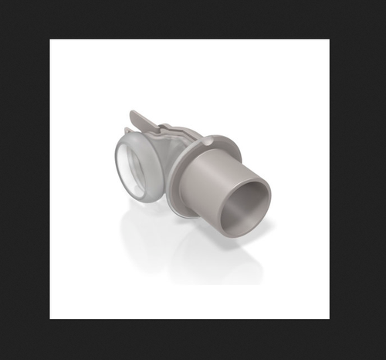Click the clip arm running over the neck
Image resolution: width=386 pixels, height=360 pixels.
point(166,131)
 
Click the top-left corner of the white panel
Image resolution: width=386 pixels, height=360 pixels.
point(51,39)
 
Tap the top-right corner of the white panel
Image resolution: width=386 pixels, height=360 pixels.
point(329,39)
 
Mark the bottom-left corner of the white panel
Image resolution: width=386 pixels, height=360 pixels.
point(51,318)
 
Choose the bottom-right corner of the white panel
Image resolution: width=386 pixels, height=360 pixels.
point(329,318)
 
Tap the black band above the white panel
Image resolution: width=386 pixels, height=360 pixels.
point(193,19)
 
